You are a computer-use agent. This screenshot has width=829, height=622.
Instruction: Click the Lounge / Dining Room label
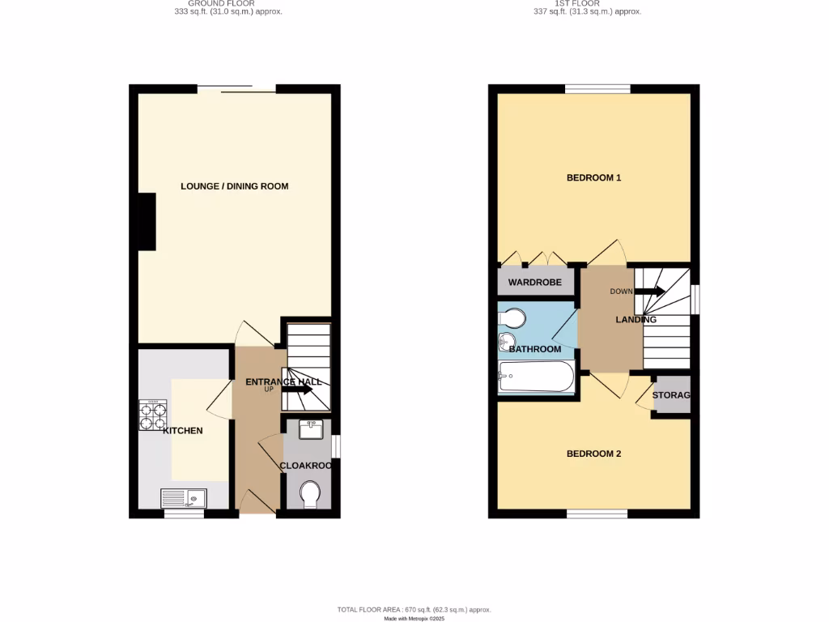(234, 186)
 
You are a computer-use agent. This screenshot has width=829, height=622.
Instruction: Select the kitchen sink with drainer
(184, 497)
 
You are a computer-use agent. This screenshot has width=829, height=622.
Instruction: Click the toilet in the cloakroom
(309, 494)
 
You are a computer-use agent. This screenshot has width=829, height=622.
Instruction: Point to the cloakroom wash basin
(311, 428)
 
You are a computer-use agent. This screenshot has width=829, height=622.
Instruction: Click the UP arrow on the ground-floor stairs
(297, 390)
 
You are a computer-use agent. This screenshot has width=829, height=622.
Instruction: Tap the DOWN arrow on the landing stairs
(650, 292)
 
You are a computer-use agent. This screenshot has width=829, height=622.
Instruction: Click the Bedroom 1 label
(593, 177)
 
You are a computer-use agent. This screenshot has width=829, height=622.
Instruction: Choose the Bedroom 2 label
(593, 454)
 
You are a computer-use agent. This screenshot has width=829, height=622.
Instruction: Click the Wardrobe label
(534, 283)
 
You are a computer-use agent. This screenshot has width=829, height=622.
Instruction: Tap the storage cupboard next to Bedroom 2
(672, 395)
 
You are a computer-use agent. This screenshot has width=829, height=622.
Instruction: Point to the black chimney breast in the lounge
(147, 222)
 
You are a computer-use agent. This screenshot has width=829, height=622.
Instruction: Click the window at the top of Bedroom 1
(597, 89)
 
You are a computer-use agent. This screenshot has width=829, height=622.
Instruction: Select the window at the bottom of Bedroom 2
(597, 513)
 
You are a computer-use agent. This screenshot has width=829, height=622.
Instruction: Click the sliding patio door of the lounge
(236, 88)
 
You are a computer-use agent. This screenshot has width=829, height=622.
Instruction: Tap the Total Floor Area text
(414, 609)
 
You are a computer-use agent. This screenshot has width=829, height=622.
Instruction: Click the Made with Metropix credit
(414, 618)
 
